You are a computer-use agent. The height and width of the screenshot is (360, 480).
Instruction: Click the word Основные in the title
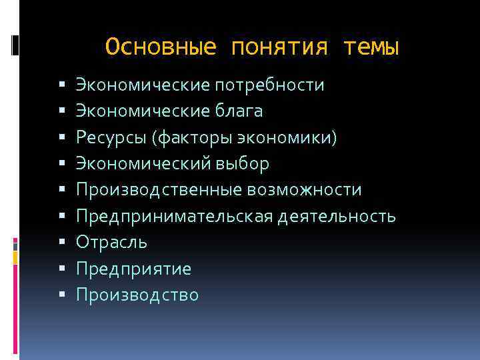coord(161,47)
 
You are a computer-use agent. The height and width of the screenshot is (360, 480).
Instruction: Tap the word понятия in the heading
coord(279,47)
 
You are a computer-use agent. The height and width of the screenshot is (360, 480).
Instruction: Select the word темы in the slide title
coord(371,47)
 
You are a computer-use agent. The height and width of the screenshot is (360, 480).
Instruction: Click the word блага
coord(238,111)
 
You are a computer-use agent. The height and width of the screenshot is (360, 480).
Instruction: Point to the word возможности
coord(304,190)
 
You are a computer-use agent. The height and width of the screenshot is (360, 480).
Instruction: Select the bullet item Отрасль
coord(111,243)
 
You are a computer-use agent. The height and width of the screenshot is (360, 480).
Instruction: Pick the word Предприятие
coord(133,269)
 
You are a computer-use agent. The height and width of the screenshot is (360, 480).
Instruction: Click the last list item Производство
coord(137,295)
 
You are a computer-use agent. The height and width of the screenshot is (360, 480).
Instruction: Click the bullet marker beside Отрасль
coord(61,243)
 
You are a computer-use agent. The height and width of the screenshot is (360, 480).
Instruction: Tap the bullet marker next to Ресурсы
coord(61,138)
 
